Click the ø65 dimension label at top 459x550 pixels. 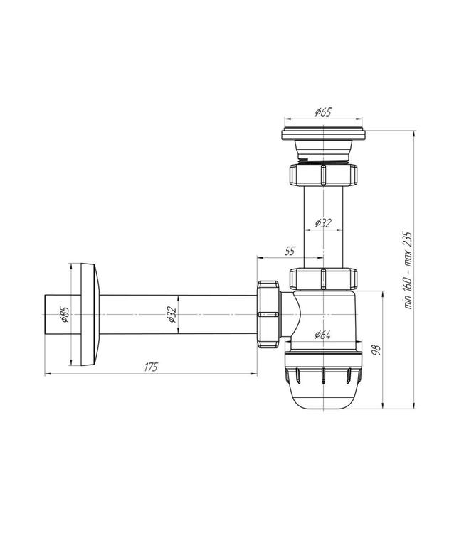point(323,112)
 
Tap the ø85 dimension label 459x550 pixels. point(65,314)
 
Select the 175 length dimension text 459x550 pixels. point(151,367)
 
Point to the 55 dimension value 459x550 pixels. point(290,251)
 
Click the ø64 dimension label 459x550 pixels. point(322,335)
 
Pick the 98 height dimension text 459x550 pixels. point(376,350)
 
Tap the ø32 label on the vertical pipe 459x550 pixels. point(323,222)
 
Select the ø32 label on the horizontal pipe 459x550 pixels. point(171,314)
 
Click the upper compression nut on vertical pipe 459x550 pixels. point(323,174)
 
